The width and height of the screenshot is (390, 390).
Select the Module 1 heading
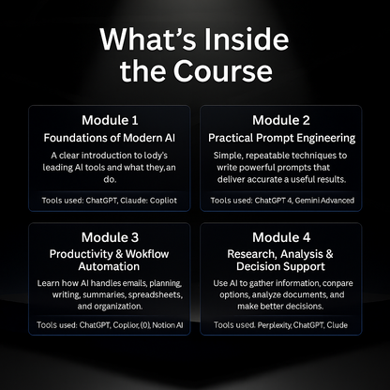[111, 120]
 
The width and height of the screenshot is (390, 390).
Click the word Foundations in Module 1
[82, 139]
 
